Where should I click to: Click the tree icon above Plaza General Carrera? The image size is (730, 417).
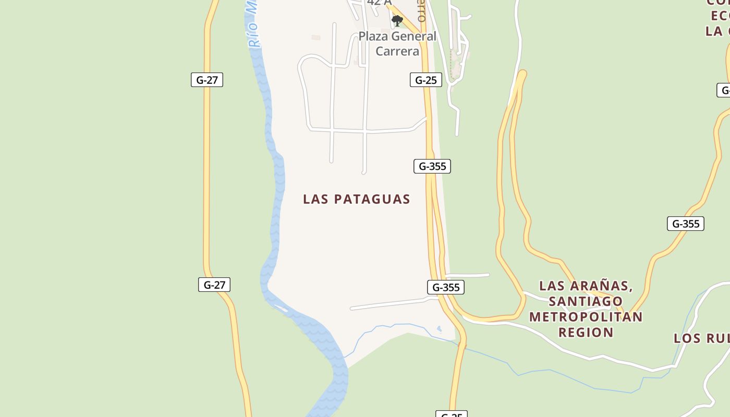(397, 21)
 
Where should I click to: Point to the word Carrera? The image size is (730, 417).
(397, 51)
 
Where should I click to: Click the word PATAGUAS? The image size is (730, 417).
(372, 199)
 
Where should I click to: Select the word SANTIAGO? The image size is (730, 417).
(586, 301)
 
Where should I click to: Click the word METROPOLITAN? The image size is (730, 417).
(586, 317)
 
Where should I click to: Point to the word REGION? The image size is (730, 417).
(586, 333)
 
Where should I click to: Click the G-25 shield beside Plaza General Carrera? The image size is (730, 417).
(426, 80)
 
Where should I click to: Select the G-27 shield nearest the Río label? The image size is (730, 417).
(207, 80)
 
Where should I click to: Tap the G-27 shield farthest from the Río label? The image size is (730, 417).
(214, 285)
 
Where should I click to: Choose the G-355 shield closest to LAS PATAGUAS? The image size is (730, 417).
(432, 166)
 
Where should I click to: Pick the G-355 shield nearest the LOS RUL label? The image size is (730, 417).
(686, 224)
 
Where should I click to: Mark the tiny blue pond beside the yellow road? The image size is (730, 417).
(439, 329)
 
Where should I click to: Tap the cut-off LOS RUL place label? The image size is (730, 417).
(701, 338)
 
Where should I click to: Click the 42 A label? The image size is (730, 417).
(379, 3)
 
